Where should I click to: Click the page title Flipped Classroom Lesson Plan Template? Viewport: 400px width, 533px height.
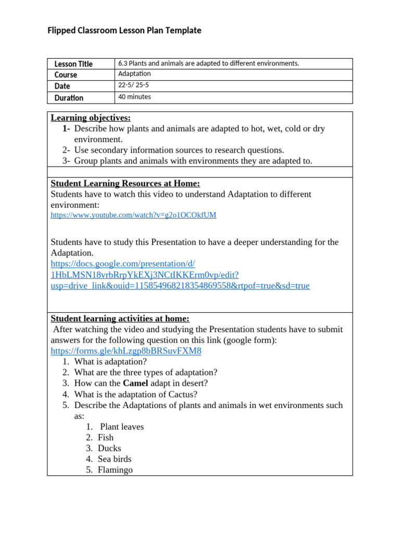(x=124, y=31)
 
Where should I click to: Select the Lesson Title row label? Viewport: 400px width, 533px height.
(x=73, y=64)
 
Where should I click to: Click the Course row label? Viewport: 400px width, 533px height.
(x=66, y=75)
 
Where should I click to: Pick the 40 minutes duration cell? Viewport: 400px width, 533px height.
(x=134, y=97)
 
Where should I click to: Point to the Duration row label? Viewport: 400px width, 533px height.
(x=69, y=97)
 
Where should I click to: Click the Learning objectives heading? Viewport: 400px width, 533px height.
(x=91, y=118)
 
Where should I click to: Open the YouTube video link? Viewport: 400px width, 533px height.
(x=133, y=215)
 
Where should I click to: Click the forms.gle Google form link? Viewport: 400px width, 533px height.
(x=126, y=351)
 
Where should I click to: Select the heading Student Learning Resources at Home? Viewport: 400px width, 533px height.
(x=125, y=183)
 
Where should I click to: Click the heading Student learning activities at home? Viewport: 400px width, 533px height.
(x=120, y=318)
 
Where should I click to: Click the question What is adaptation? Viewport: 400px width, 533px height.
(x=110, y=361)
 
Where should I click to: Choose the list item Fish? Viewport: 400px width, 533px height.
(x=106, y=437)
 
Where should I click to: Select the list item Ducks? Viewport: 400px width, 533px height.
(x=109, y=448)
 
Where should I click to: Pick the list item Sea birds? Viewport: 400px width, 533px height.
(x=115, y=459)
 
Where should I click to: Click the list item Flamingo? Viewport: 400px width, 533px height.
(x=115, y=470)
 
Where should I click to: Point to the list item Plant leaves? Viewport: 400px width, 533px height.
(x=122, y=427)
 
